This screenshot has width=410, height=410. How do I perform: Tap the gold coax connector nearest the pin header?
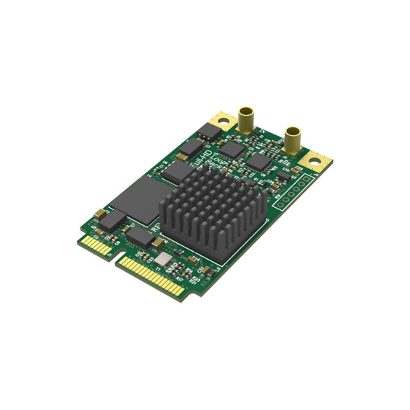(x=293, y=140)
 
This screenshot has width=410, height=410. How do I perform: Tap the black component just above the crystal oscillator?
(x=144, y=239)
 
